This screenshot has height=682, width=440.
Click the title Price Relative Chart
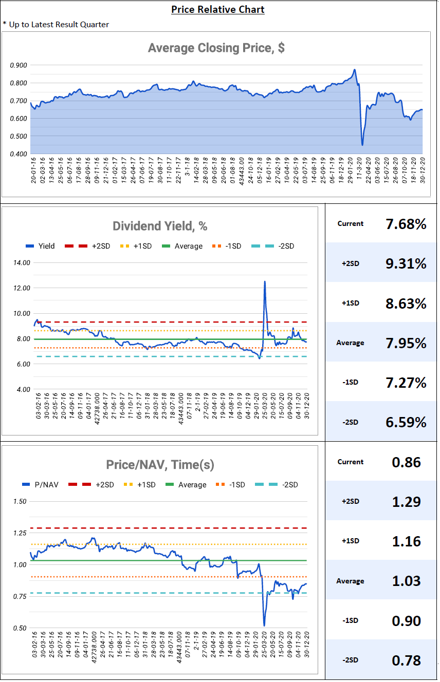[217, 9]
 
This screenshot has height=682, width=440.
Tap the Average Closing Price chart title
[216, 48]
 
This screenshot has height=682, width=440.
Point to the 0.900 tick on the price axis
[19, 65]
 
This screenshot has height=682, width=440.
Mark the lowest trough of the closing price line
[362, 145]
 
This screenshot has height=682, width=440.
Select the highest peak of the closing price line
[354, 70]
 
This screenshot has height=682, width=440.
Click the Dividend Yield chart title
[160, 226]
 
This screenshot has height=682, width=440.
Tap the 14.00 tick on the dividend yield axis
[22, 263]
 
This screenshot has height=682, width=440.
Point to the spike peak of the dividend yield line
[265, 281]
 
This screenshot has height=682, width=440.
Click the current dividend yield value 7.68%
[406, 224]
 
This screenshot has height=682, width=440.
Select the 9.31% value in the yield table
[406, 263]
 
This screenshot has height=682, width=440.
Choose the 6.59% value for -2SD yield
[406, 422]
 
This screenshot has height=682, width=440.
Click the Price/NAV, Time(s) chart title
[160, 465]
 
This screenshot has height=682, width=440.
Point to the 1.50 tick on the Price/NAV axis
[20, 501]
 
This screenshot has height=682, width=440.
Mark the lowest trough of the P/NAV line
[264, 626]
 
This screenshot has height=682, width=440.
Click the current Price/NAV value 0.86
[406, 462]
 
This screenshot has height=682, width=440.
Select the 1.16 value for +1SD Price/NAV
[406, 541]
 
